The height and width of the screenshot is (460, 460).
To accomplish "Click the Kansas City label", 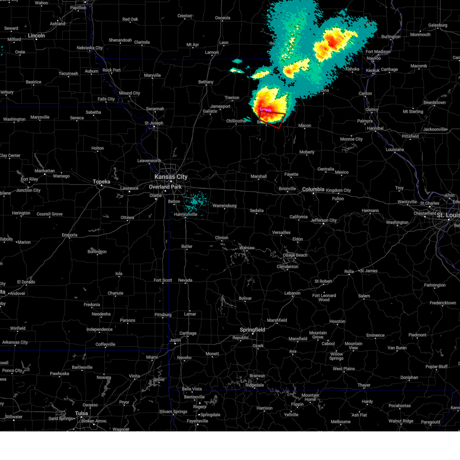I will pyautogui.click(x=171, y=177).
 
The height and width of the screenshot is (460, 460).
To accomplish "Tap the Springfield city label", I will pyautogui.click(x=252, y=330).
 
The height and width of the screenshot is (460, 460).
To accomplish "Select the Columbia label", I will pyautogui.click(x=313, y=189).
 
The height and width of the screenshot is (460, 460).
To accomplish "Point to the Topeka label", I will pyautogui.click(x=102, y=182).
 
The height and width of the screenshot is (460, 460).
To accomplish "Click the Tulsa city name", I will pyautogui.click(x=81, y=413).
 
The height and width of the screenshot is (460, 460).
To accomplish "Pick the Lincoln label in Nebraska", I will pyautogui.click(x=36, y=36).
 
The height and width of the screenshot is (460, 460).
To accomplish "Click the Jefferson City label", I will pyautogui.click(x=324, y=220).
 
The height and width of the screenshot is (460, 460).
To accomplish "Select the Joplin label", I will pyautogui.click(x=175, y=340).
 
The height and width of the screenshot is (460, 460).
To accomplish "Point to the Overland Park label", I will pyautogui.click(x=165, y=187).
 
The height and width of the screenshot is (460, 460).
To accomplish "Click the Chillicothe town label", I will pyautogui.click(x=236, y=121).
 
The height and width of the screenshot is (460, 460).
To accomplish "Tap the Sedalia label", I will pyautogui.click(x=256, y=210).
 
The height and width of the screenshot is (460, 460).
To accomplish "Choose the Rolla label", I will pyautogui.click(x=349, y=271).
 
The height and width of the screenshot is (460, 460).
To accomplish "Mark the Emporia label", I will pyautogui.click(x=69, y=235).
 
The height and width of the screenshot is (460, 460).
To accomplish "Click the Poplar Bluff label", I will pyautogui.click(x=436, y=366).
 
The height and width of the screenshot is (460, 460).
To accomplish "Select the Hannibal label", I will pyautogui.click(x=375, y=128).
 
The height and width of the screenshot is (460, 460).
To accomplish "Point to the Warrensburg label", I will pyautogui.click(x=224, y=206).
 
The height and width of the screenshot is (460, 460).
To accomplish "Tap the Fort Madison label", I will pyautogui.click(x=378, y=52).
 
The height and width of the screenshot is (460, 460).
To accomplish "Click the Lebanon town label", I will pyautogui.click(x=292, y=293).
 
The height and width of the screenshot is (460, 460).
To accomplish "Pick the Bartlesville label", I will pyautogui.click(x=82, y=367).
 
